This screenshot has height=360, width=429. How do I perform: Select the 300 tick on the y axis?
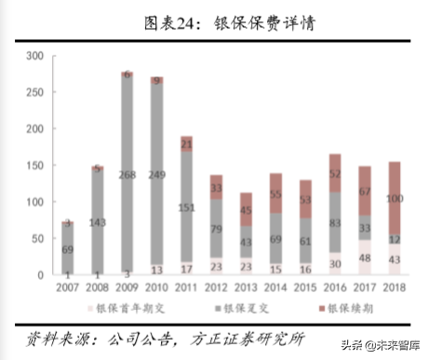tap(35, 57)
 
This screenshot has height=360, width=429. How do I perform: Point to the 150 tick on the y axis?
tap(35, 166)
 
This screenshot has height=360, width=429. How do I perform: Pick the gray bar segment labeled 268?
tap(127, 174)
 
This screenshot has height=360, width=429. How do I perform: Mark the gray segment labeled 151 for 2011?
tap(185, 207)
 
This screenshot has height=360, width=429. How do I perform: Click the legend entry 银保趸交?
tap(245, 308)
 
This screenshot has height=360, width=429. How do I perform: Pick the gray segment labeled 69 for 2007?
tap(69, 249)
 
